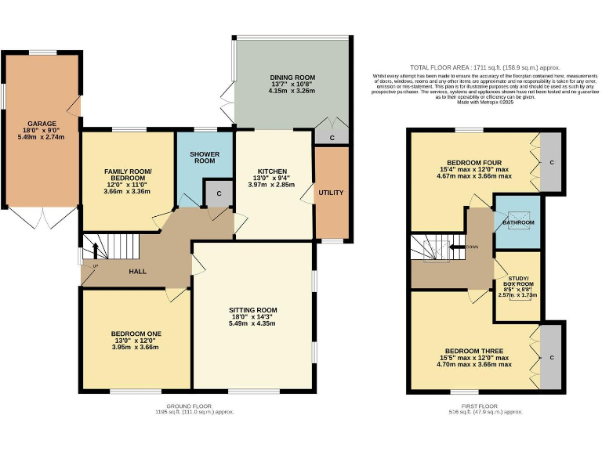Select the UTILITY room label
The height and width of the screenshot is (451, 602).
[x=330, y=192]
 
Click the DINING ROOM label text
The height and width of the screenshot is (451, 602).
[x=292, y=78]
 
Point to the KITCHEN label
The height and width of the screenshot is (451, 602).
[x=273, y=171]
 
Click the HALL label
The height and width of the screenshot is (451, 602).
[x=138, y=272]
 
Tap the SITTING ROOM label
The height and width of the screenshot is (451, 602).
[x=252, y=310]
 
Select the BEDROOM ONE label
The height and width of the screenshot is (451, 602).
[x=136, y=334]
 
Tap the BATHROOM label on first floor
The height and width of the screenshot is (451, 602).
[x=518, y=223]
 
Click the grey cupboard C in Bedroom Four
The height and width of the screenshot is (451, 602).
[x=552, y=163]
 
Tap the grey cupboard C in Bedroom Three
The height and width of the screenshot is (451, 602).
[x=552, y=357]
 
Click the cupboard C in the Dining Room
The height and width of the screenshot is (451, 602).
[x=332, y=138]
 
